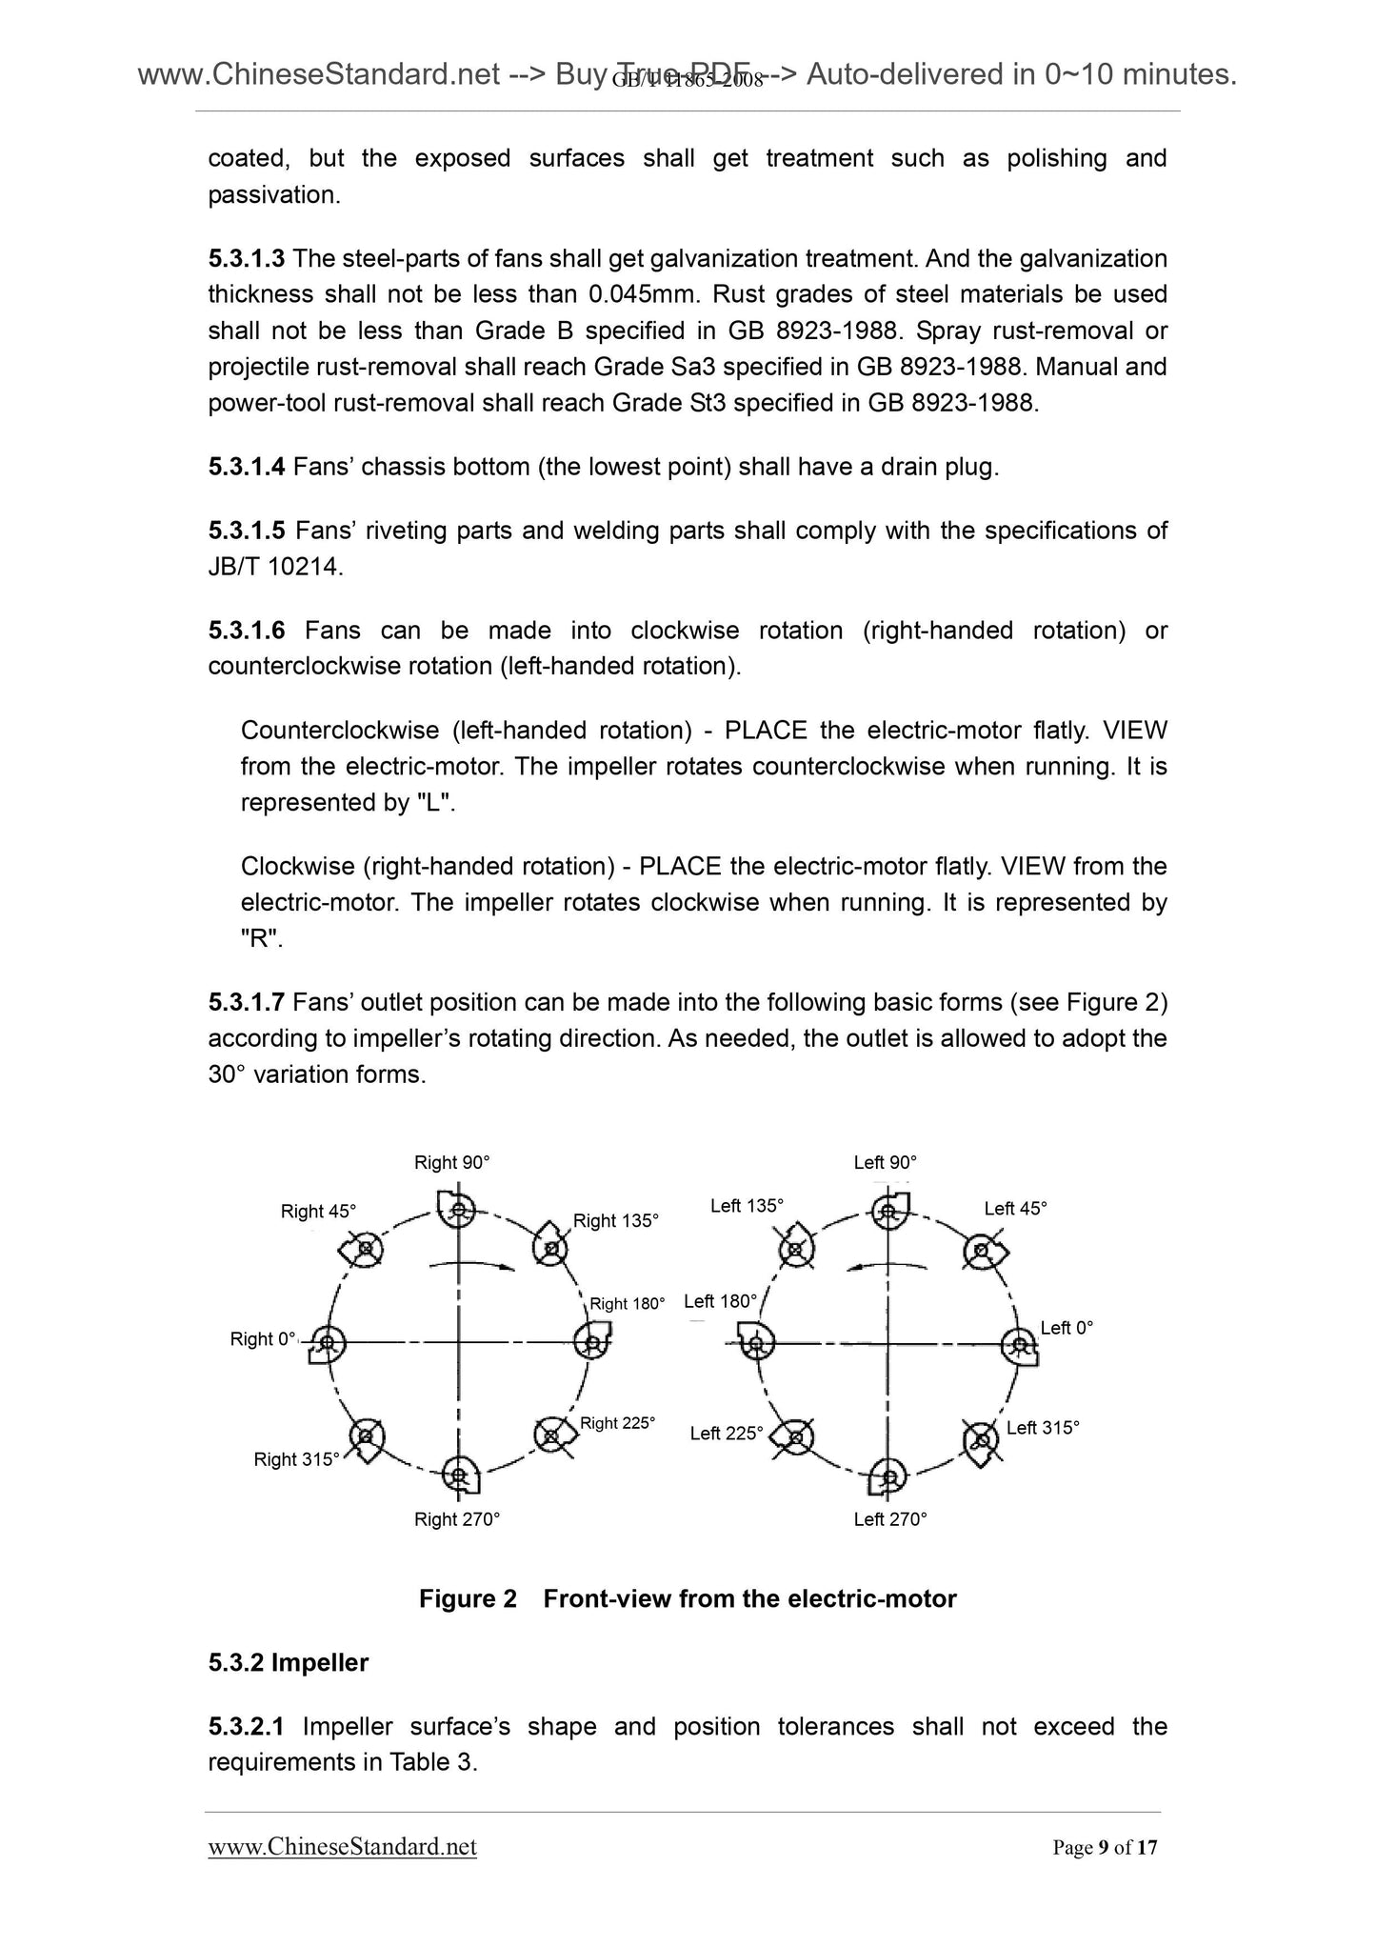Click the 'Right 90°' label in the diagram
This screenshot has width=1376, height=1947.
point(451,1162)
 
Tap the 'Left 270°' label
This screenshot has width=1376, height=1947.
point(889,1519)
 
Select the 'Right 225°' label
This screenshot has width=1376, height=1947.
point(617,1423)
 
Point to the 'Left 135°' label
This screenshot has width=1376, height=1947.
point(747,1206)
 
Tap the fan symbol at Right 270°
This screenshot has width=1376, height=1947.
point(460,1475)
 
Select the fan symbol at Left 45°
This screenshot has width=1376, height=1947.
point(981,1250)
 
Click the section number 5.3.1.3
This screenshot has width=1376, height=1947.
point(246,258)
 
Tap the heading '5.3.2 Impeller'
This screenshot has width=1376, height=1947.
point(288,1662)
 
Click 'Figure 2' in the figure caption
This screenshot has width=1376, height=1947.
point(468,1598)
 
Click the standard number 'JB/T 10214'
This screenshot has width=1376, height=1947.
point(272,567)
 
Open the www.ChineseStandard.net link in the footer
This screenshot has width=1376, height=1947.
point(342,1847)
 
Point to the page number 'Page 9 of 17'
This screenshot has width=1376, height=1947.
point(1105,1848)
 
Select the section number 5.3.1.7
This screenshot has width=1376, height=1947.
point(246,1002)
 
